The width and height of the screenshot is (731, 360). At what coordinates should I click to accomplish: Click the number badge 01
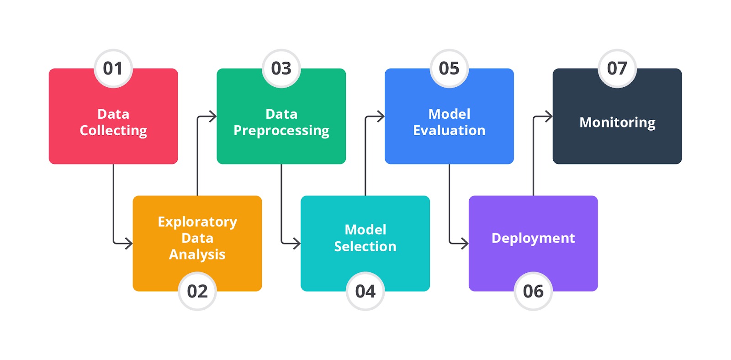pyautogui.click(x=113, y=69)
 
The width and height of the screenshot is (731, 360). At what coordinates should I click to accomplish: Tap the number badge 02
pyautogui.click(x=197, y=291)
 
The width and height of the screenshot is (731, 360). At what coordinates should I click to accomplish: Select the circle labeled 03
pyautogui.click(x=281, y=69)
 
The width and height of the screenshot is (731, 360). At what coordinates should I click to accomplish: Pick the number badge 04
pyautogui.click(x=365, y=291)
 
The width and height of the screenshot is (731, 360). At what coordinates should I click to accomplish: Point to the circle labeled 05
pyautogui.click(x=450, y=69)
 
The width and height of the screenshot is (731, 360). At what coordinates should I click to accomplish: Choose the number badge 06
pyautogui.click(x=533, y=291)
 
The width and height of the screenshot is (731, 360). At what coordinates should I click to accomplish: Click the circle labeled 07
pyautogui.click(x=617, y=69)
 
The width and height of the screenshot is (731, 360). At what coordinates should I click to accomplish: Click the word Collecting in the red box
pyautogui.click(x=113, y=131)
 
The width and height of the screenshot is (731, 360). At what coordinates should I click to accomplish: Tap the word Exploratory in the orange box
pyautogui.click(x=197, y=222)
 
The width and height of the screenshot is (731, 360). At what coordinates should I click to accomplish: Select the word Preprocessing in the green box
pyautogui.click(x=281, y=131)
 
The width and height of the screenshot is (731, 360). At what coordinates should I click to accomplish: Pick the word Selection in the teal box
pyautogui.click(x=365, y=246)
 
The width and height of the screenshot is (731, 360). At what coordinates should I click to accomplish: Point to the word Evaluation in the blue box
pyautogui.click(x=450, y=131)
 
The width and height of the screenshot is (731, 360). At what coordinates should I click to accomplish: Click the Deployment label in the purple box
pyautogui.click(x=533, y=238)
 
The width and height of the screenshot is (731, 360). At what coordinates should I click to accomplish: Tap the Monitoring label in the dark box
pyautogui.click(x=617, y=123)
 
